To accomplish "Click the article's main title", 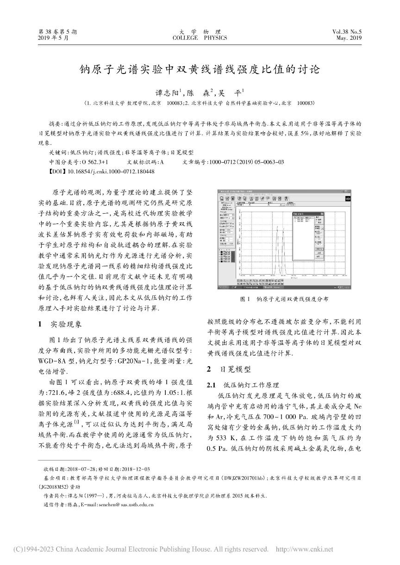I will (x=200, y=70).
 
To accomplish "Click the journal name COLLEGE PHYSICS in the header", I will (x=200, y=38).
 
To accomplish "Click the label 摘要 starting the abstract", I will (x=55, y=125).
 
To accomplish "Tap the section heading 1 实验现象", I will (x=62, y=324).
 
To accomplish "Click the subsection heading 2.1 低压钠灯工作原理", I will (x=243, y=385).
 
